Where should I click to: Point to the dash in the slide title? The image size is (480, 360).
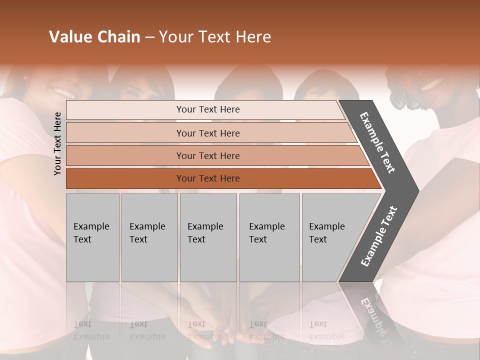149,37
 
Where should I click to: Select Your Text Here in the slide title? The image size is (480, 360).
215,37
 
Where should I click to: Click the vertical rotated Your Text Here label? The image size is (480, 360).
57,143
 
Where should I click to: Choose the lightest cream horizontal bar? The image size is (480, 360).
207,109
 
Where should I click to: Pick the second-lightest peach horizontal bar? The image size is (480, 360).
207,133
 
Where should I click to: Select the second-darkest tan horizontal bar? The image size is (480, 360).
207,155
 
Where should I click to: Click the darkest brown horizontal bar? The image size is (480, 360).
207,178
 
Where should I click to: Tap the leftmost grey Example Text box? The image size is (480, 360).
92,237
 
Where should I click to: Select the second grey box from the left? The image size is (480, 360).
149,237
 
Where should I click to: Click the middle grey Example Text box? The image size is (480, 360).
208,237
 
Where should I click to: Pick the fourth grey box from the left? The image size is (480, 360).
269,237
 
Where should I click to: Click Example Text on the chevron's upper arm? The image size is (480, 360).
377,142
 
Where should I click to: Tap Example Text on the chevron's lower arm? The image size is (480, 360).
379,236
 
